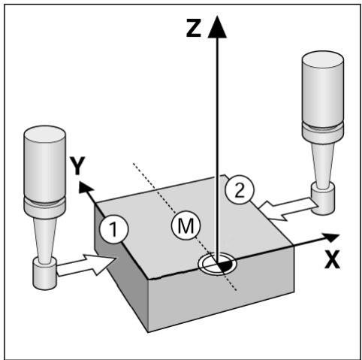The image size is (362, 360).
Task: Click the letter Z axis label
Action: click(x=194, y=28)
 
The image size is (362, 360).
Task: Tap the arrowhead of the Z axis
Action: click(x=217, y=27)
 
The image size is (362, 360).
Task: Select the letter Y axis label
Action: click(x=77, y=165)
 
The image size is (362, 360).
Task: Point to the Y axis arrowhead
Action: click(x=85, y=188)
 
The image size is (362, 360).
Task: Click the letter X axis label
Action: click(x=332, y=259)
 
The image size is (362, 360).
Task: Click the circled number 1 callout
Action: click(x=114, y=229)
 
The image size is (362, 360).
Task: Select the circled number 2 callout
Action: click(x=240, y=189)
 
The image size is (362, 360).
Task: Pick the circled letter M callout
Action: click(x=186, y=225)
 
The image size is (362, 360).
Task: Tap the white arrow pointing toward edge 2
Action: click(x=288, y=209)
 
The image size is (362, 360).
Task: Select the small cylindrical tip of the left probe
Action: click(x=44, y=274)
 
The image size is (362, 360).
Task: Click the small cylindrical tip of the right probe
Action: click(x=323, y=199)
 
